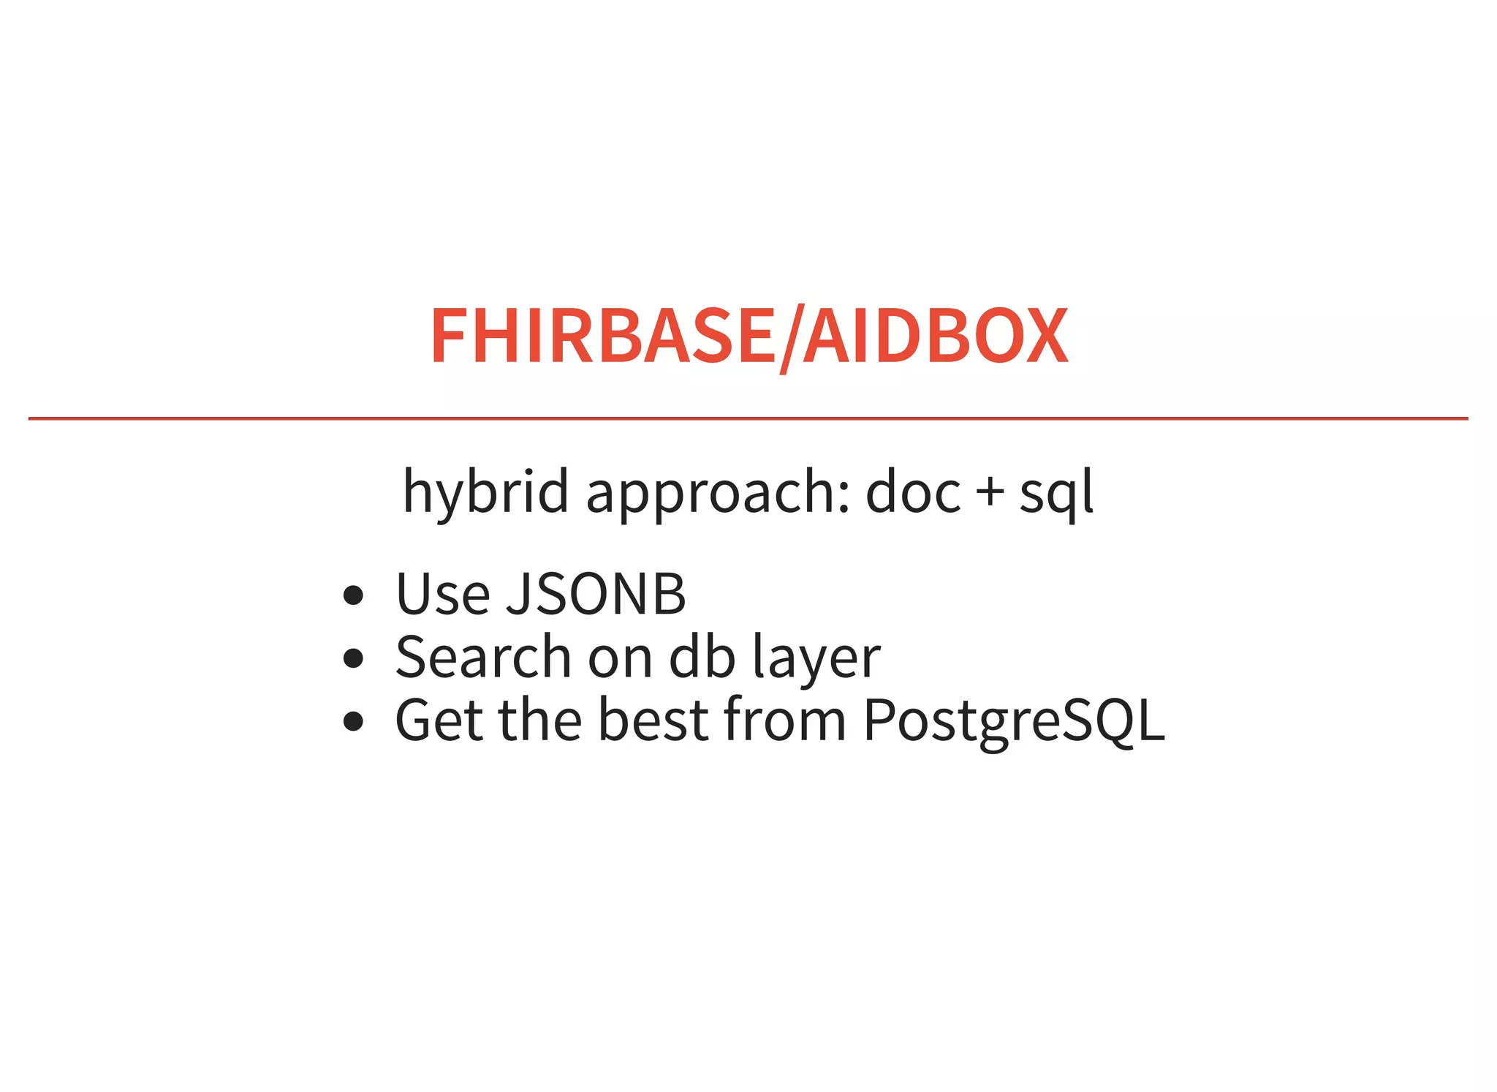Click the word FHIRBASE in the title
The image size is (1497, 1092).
click(x=601, y=336)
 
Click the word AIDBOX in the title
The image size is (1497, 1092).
click(x=936, y=336)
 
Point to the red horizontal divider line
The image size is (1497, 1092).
click(x=748, y=418)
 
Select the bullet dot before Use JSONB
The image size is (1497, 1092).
click(x=353, y=595)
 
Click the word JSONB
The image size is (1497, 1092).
click(x=596, y=594)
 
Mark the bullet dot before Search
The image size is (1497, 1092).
click(x=353, y=658)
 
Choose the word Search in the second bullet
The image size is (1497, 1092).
click(x=483, y=657)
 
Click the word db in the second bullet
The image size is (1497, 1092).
click(x=702, y=657)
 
